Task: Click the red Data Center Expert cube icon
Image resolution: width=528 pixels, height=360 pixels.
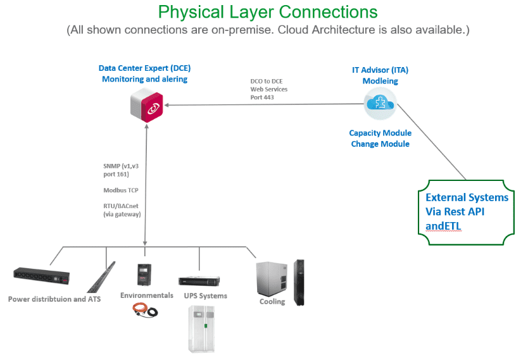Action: pyautogui.click(x=147, y=105)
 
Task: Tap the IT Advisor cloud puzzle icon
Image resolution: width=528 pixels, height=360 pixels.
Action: pyautogui.click(x=380, y=103)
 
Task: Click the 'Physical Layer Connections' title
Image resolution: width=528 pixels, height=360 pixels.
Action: pyautogui.click(x=268, y=12)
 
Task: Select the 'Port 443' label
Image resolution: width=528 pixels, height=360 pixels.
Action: pyautogui.click(x=262, y=97)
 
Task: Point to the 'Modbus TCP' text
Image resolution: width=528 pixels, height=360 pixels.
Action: pyautogui.click(x=121, y=190)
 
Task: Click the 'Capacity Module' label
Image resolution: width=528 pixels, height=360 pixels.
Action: pyautogui.click(x=380, y=133)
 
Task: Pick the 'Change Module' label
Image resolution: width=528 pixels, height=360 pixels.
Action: pyautogui.click(x=380, y=144)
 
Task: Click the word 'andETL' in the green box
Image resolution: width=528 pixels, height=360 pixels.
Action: pyautogui.click(x=443, y=226)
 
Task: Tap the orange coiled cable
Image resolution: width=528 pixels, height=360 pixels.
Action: pyautogui.click(x=145, y=309)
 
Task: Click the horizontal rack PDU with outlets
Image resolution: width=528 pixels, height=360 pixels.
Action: pyautogui.click(x=41, y=276)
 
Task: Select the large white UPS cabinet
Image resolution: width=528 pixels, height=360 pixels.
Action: pyautogui.click(x=201, y=329)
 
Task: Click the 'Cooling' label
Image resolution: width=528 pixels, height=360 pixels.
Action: pyautogui.click(x=272, y=301)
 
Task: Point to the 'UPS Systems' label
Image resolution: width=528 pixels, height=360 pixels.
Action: pyautogui.click(x=205, y=295)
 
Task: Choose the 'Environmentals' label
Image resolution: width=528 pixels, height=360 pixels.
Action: pyautogui.click(x=147, y=295)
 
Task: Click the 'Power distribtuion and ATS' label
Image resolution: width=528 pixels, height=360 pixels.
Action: pyautogui.click(x=54, y=299)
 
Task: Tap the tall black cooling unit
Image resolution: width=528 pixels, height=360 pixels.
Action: pyautogui.click(x=299, y=283)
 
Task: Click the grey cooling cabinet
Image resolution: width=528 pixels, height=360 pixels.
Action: pyautogui.click(x=272, y=278)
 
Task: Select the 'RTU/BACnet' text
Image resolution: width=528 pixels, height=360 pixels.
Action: pyautogui.click(x=120, y=206)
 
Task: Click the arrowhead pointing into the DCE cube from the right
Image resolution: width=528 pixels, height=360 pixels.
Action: pyautogui.click(x=167, y=105)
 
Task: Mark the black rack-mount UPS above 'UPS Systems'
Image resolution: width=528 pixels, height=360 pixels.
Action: pyautogui.click(x=199, y=281)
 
